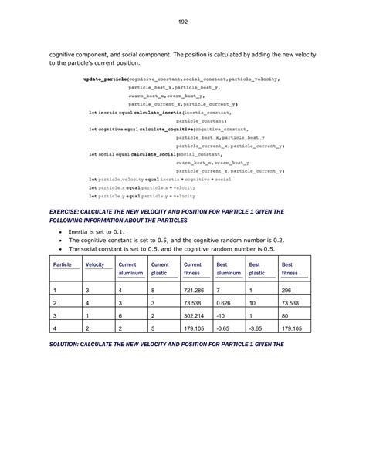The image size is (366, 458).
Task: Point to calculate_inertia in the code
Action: pos(161,113)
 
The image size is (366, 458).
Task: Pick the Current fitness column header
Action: pos(192,268)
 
